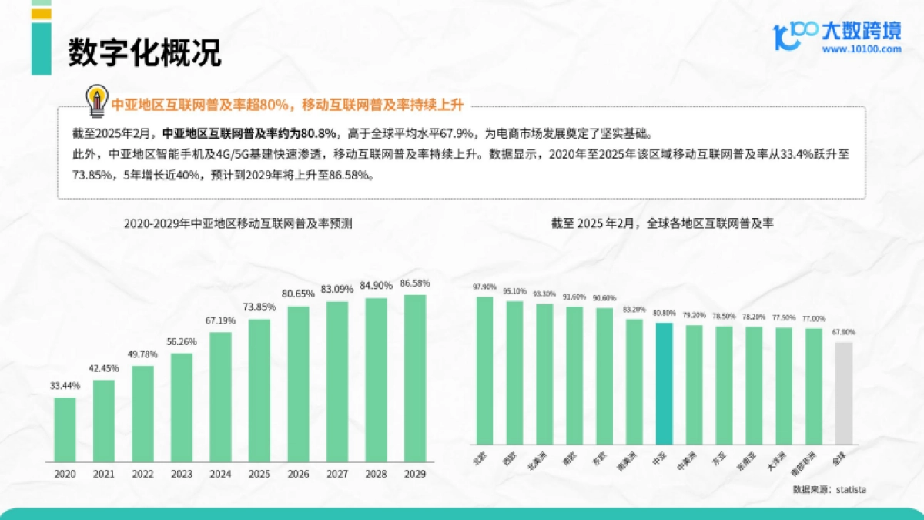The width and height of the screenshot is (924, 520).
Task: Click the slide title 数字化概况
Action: point(144,52)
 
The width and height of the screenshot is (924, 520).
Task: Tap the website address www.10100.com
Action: point(861,49)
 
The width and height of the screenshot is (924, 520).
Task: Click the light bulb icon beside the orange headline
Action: point(97,100)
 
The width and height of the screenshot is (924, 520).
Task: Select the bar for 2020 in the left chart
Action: point(65,429)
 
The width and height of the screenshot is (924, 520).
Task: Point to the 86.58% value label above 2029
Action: point(415,283)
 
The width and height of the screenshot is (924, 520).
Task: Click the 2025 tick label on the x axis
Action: point(259,474)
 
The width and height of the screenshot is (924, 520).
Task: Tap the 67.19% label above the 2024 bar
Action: point(220,321)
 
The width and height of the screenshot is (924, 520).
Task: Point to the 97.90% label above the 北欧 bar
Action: point(484,287)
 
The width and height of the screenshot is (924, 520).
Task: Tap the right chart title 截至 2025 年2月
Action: point(662,224)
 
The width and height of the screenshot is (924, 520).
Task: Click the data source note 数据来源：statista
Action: point(829,489)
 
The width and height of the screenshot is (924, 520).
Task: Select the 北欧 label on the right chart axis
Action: point(480,460)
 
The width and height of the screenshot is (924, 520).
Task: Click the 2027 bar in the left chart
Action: point(337,381)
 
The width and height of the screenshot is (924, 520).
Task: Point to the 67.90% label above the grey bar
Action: point(844,332)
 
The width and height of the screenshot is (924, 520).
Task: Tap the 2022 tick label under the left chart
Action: point(143,474)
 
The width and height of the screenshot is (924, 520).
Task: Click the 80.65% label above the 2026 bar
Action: point(298,294)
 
